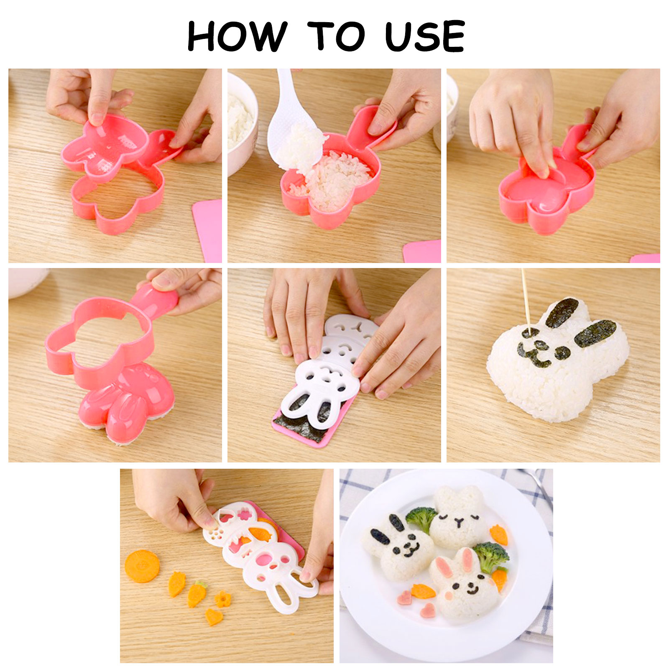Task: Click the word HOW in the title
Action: tap(237, 36)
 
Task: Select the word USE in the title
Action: tap(425, 36)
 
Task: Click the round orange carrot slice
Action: tap(142, 566)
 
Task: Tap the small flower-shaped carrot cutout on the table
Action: tap(222, 599)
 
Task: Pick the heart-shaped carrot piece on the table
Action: tap(214, 617)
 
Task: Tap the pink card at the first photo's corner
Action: tap(208, 230)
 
